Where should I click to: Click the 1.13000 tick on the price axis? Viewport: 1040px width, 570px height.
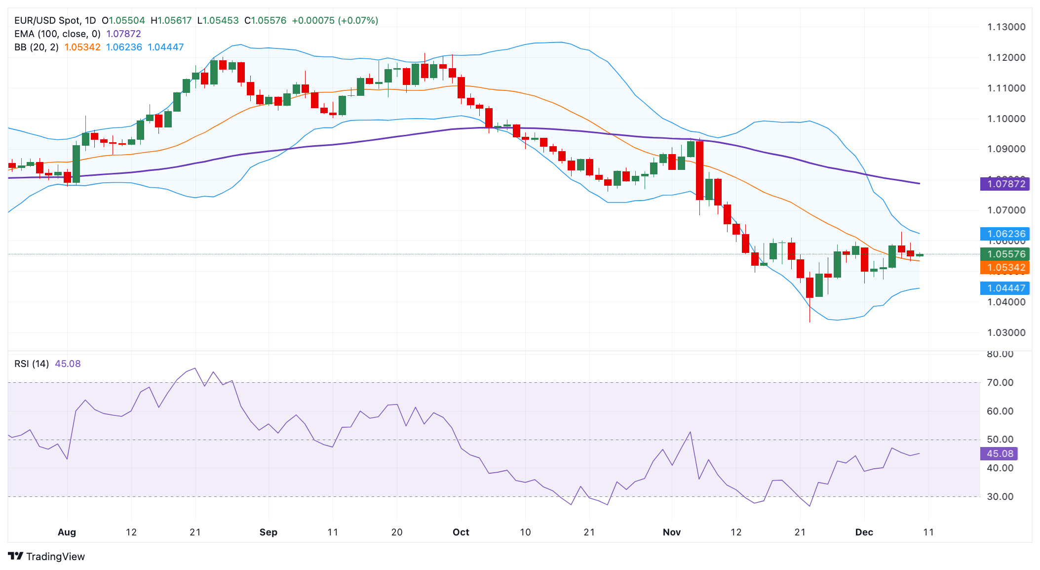[1006, 27]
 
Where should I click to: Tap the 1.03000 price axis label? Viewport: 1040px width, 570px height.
[1006, 332]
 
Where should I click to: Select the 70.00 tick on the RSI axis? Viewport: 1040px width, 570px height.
[1000, 382]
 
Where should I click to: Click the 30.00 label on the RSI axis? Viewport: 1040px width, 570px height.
[1000, 496]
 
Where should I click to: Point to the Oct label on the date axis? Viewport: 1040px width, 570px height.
[461, 532]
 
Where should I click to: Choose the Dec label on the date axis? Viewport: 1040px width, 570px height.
[864, 532]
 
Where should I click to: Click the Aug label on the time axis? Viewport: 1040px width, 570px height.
[67, 532]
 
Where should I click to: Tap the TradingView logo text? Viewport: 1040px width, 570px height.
[55, 557]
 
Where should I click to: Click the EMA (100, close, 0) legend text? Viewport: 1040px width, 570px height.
[57, 34]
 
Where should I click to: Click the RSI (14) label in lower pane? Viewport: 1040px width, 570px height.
[32, 364]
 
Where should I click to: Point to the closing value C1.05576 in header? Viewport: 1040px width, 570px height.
[266, 20]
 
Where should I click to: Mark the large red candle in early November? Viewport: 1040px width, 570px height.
[699, 170]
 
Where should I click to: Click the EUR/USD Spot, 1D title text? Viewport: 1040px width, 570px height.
[55, 20]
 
